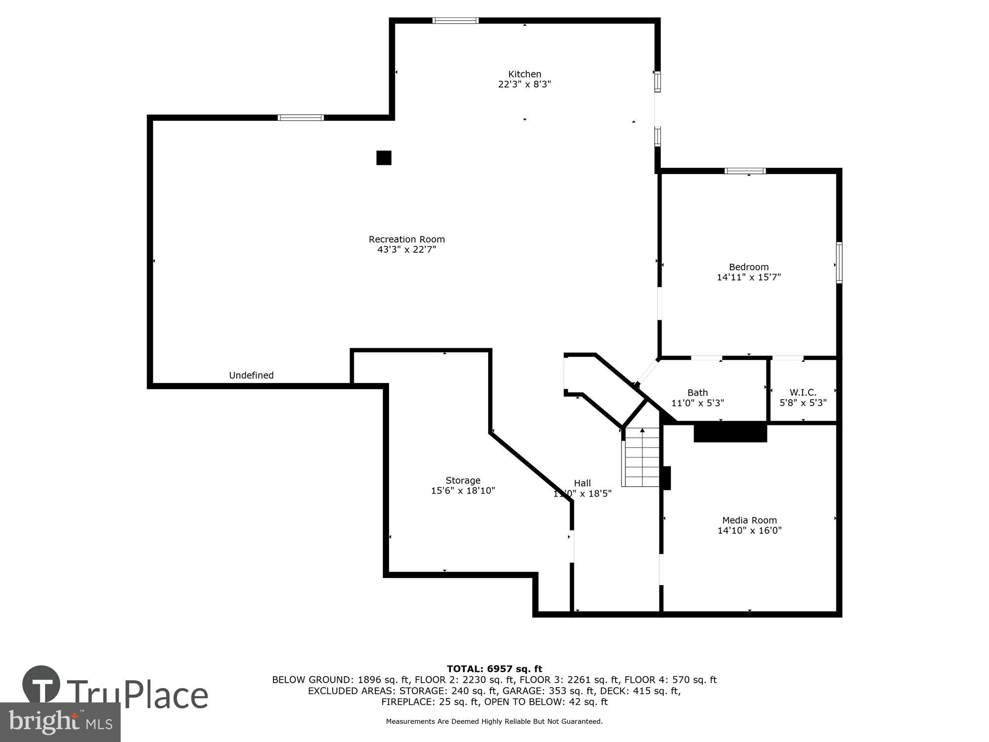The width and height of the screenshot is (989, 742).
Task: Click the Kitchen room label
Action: [x=525, y=74]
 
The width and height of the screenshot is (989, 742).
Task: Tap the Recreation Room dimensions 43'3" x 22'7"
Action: [x=406, y=250]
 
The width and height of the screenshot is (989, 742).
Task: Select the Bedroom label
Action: [x=749, y=267]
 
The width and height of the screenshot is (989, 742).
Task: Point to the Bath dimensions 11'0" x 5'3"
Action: [x=697, y=403]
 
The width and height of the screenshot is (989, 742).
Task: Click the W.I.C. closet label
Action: [x=803, y=393]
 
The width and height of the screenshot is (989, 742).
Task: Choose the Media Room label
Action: [x=749, y=520]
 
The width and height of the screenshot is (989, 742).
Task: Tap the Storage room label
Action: [x=463, y=480]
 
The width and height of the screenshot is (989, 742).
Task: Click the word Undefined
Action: [x=251, y=375]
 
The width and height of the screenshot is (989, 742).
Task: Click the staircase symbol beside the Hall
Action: [x=642, y=458]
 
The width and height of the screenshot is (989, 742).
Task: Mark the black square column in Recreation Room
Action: [x=384, y=158]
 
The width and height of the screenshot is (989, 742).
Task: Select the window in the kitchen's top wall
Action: [x=455, y=21]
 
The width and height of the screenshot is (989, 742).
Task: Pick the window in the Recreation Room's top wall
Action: [x=301, y=118]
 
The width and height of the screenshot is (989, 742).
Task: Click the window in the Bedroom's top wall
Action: [x=745, y=171]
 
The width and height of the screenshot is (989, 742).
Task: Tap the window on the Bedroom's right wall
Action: [x=839, y=263]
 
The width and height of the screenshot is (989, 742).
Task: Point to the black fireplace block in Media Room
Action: [x=730, y=432]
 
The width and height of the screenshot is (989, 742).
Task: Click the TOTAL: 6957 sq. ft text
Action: [x=494, y=669]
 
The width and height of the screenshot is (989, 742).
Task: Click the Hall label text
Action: [x=582, y=483]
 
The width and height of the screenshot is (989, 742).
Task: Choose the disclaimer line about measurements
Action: [x=494, y=722]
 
